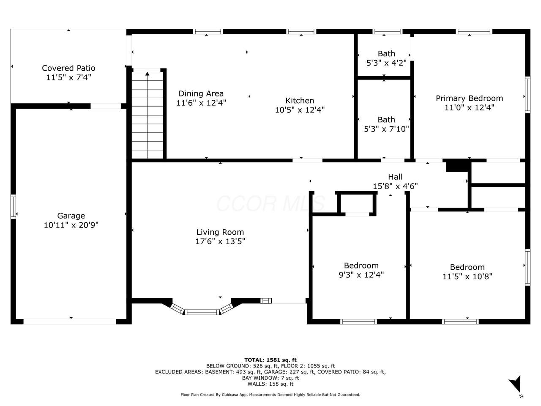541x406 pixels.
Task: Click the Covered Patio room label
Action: coord(68,68)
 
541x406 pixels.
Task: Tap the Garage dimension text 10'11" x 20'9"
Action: coord(71,225)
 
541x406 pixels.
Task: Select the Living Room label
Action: coord(220,232)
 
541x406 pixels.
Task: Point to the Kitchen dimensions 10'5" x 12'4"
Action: coord(300,110)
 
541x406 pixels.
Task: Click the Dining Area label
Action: coord(201,93)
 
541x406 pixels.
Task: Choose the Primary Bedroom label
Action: coord(469,99)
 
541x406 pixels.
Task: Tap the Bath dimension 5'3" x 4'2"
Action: coord(386,63)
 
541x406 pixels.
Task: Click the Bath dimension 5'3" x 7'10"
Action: coord(386,129)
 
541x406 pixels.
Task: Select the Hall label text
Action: coord(395,177)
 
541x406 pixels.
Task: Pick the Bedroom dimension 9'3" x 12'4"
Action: coord(361,275)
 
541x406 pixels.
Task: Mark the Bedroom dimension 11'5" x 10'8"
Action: coord(467,277)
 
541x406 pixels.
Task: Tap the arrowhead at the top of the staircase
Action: coord(148,74)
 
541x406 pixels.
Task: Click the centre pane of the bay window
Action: coord(202,312)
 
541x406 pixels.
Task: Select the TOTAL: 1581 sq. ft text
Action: coord(270,360)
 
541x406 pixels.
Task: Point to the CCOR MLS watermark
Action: coord(270,203)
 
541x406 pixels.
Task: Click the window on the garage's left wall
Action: coord(13,206)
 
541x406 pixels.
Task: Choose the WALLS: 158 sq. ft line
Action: coord(270,384)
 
